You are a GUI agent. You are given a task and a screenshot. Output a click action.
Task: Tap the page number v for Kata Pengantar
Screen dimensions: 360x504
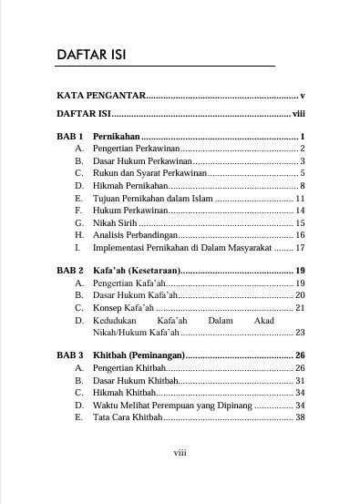point(301,95)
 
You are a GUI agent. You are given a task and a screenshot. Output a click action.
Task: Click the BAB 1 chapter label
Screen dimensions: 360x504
point(70,136)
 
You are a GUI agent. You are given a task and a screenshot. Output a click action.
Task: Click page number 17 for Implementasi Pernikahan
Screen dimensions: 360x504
point(299,247)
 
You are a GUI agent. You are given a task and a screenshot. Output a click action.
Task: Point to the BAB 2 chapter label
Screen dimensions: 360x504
point(70,272)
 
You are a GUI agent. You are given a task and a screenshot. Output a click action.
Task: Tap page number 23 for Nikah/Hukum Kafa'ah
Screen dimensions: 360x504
point(299,333)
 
